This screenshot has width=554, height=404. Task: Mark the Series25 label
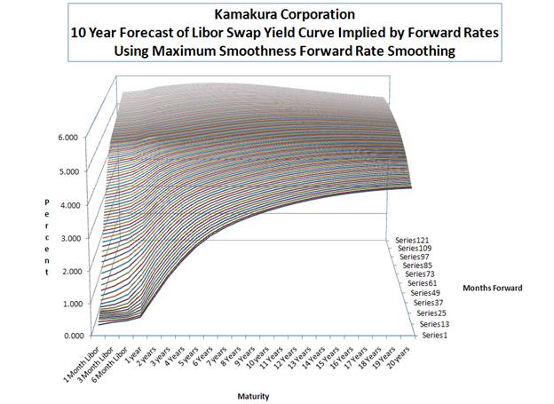(x=431, y=313)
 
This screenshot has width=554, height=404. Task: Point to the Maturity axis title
(x=253, y=396)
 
